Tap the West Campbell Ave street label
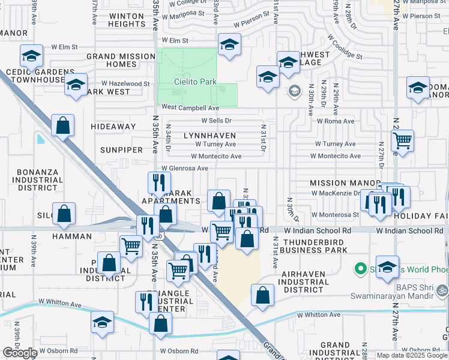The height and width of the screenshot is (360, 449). pos(190,108)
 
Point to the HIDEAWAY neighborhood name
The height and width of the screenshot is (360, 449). pos(113,127)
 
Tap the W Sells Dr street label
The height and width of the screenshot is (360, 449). pos(211,121)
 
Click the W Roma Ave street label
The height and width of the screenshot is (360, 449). pos(336,121)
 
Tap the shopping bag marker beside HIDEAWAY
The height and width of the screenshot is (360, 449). pos(63,126)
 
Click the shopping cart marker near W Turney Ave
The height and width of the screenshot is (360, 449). pos(402,141)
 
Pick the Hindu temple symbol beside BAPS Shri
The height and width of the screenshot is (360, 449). pos(442,290)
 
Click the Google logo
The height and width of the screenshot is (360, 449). pos(20,353)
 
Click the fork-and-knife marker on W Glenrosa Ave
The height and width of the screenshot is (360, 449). pos(159,182)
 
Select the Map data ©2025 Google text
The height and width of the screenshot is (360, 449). pos(412,355)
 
